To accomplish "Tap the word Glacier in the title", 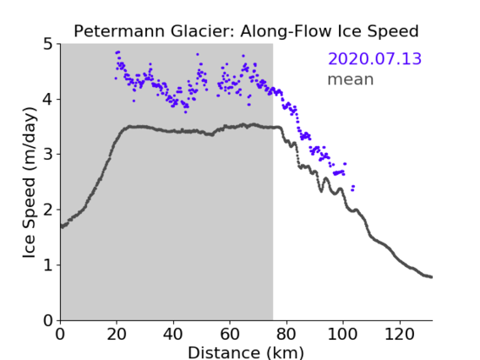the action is [203, 31].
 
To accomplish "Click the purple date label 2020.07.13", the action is [374, 59].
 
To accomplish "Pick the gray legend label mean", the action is [351, 79].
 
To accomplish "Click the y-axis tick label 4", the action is [48, 99].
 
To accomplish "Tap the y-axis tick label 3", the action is [48, 155].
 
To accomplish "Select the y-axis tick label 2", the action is [48, 210].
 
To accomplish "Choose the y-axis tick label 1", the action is [48, 265].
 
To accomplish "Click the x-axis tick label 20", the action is [117, 334].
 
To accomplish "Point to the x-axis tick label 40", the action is [173, 334].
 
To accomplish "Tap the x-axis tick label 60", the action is [230, 334].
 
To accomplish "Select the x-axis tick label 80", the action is [286, 334].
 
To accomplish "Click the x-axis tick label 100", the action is [342, 334].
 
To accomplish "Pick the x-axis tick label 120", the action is [400, 334].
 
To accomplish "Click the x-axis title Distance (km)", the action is [246, 353].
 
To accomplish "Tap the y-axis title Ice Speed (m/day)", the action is [30, 183].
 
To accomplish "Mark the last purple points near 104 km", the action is [352, 188].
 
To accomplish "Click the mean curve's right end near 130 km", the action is [431, 276].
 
